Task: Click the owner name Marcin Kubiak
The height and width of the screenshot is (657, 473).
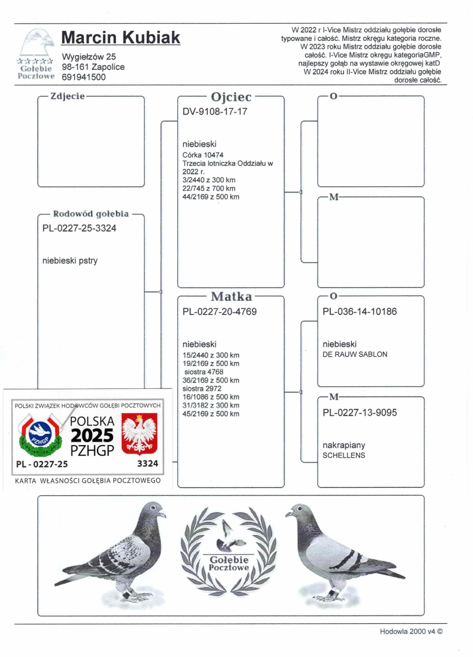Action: click(121, 38)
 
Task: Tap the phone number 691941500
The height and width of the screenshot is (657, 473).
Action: click(84, 77)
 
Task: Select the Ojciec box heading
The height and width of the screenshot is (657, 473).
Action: click(231, 96)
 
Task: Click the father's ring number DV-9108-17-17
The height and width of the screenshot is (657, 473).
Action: click(215, 111)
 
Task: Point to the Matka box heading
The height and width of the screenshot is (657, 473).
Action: click(231, 297)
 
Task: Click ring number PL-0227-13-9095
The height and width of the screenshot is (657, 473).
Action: click(359, 413)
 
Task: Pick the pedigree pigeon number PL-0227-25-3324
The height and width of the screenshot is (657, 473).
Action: click(79, 228)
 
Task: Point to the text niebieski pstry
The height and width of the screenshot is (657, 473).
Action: click(70, 259)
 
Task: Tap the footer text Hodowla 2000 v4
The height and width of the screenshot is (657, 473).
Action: click(410, 632)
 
